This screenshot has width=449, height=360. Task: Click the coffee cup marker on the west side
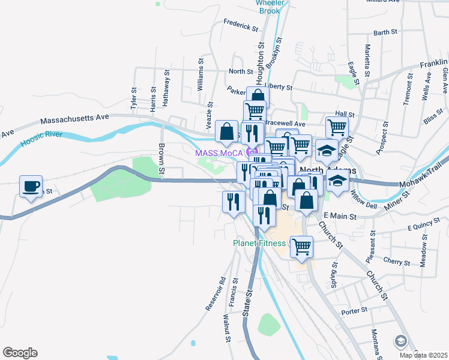(x=31, y=186)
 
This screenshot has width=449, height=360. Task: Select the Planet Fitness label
(x=261, y=244)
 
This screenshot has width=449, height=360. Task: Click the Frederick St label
(x=240, y=28)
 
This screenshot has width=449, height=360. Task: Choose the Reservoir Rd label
(x=214, y=293)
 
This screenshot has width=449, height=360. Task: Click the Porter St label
(x=354, y=311)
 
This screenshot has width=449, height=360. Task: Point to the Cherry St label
(x=396, y=262)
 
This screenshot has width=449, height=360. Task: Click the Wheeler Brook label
(x=269, y=7)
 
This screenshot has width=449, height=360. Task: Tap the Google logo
(x=20, y=353)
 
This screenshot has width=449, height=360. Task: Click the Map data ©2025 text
(x=423, y=355)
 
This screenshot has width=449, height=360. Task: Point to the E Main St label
(x=340, y=215)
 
